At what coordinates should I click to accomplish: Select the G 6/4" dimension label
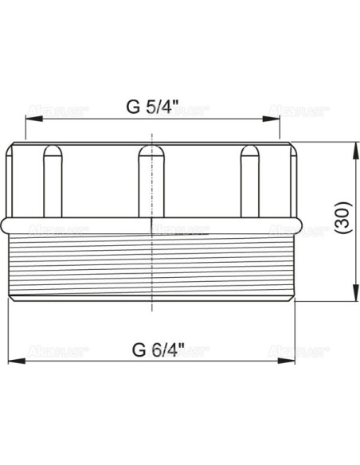tap(158, 350)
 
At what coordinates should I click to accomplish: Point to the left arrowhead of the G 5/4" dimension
tap(30, 117)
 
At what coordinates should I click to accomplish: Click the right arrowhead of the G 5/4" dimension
tap(276, 117)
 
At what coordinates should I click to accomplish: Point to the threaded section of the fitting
tap(152, 267)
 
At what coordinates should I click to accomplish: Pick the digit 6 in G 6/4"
tap(152, 350)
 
